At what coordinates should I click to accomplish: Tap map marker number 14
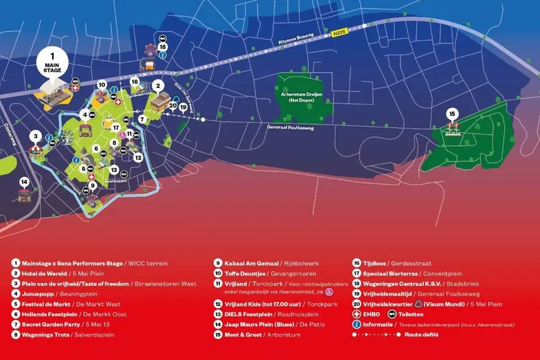(x=25, y=181)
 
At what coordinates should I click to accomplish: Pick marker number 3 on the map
(x=35, y=136)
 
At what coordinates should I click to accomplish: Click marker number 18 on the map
(x=162, y=46)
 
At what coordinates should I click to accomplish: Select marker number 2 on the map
(x=157, y=85)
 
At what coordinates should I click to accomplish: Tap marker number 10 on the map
(x=102, y=85)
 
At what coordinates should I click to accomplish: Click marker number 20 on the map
(x=173, y=105)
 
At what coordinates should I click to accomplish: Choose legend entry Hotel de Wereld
(x=45, y=273)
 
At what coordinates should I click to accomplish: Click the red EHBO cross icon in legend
(x=357, y=314)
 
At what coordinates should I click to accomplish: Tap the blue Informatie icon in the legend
(x=357, y=324)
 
